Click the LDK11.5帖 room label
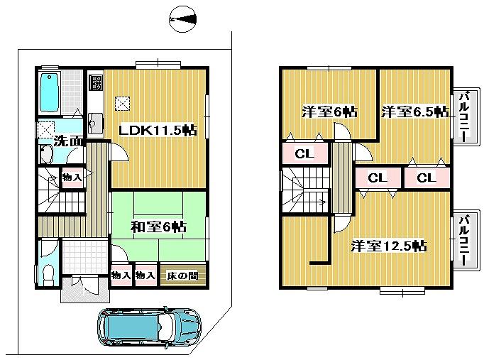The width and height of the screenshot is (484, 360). point(158,131)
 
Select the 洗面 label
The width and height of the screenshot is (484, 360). point(69,141)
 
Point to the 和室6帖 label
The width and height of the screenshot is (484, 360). point(158,227)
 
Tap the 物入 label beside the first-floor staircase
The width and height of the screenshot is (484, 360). point(72,177)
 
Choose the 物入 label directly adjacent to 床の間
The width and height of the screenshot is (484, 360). point(145,276)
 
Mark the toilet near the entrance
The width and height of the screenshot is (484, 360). point(47,273)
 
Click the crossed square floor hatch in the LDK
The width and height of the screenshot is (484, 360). point(123,104)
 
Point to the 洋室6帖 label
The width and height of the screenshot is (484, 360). point(329,111)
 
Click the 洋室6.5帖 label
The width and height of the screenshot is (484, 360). point(414,111)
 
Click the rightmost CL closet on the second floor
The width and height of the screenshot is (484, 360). point(426,178)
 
